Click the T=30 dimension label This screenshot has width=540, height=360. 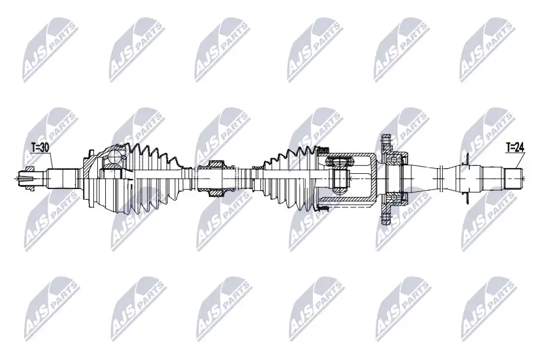[x=40, y=147]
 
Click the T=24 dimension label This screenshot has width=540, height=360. [x=515, y=147]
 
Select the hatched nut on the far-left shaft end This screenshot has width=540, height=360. [x=30, y=178]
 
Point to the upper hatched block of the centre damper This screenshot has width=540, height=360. [x=217, y=164]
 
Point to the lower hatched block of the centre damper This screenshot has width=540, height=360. [x=217, y=192]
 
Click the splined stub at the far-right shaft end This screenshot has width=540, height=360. [x=514, y=178]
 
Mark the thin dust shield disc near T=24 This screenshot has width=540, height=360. [x=467, y=178]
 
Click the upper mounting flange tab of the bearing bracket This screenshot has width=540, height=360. [x=385, y=145]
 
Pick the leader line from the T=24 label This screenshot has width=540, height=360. [x=519, y=160]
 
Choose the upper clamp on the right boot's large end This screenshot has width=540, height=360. [x=323, y=150]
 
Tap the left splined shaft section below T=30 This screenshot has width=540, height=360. [x=61, y=178]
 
